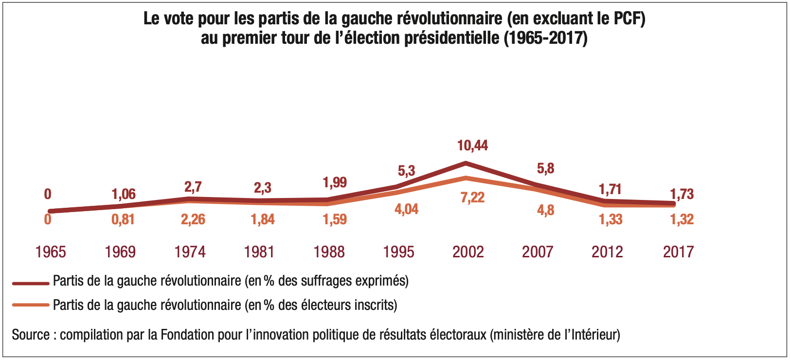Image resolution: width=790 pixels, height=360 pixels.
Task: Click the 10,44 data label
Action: (472, 145)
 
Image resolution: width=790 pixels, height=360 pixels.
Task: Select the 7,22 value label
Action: (472, 198)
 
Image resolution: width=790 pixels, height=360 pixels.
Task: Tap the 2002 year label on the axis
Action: (468, 252)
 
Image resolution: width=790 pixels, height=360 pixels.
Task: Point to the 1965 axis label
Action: (51, 252)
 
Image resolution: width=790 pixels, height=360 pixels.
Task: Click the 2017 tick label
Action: (678, 252)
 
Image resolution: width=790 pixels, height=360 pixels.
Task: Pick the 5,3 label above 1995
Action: (406, 171)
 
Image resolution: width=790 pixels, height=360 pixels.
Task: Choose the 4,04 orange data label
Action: (406, 209)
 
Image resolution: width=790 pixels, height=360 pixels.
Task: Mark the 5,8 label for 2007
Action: (545, 169)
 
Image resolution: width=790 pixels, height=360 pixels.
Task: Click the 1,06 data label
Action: (124, 194)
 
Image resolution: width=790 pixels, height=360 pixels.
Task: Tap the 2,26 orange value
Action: (193, 219)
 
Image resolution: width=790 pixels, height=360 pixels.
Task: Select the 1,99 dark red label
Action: (335, 182)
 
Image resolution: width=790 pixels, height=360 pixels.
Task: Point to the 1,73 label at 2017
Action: (682, 194)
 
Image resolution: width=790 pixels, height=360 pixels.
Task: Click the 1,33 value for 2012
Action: (610, 219)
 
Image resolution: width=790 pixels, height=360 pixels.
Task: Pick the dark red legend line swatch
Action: (31, 282)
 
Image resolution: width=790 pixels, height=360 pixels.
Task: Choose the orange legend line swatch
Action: (31, 305)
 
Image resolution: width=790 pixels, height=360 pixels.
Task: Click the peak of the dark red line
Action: (466, 163)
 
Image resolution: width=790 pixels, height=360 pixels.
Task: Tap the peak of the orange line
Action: (466, 178)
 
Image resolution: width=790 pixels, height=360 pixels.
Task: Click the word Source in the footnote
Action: (31, 335)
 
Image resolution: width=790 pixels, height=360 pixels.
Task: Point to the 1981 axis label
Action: (259, 252)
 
